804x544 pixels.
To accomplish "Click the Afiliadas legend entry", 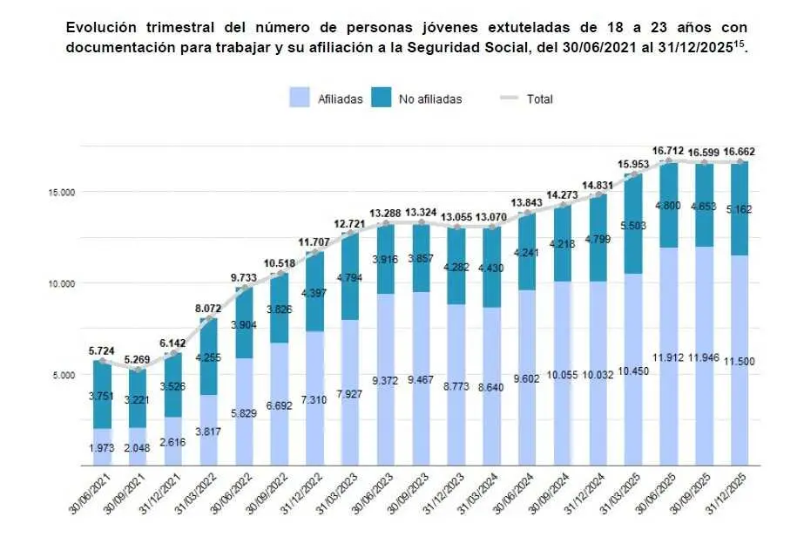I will coord(327,99).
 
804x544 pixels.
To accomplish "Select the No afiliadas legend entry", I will coord(416,99).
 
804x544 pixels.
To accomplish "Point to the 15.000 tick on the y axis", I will coord(59,192).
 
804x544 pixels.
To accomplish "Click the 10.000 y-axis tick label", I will coord(59,283).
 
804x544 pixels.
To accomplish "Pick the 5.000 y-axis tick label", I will coord(62,375).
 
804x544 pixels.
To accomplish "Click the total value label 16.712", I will coord(668,151).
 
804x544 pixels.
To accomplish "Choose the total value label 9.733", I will coord(244,276).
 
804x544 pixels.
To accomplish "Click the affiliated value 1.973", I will coord(103,448).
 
